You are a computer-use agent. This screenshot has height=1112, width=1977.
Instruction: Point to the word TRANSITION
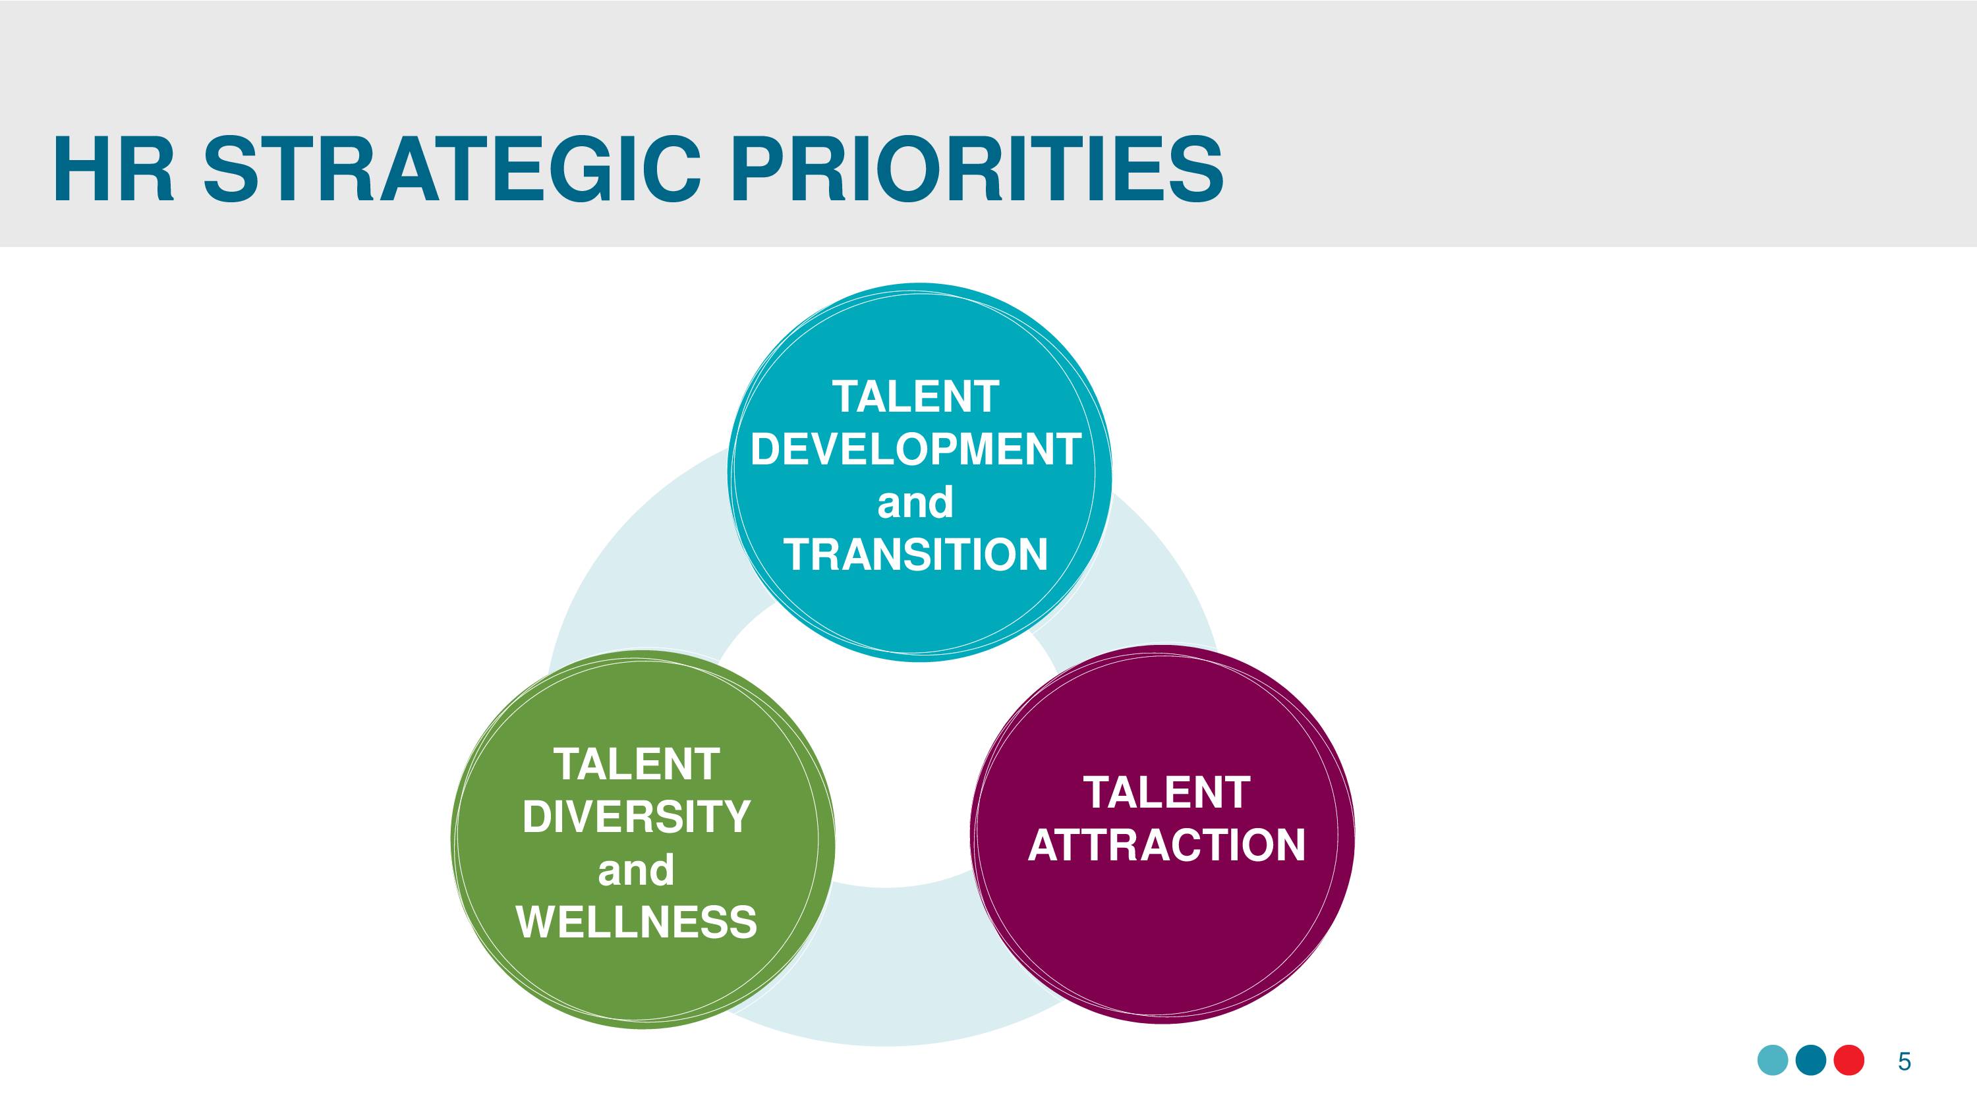915,554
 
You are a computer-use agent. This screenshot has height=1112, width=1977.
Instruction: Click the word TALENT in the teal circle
915,397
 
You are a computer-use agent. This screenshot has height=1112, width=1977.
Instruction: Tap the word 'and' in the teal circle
915,502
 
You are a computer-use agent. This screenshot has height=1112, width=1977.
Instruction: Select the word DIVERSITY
636,816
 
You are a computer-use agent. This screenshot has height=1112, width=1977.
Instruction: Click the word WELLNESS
636,921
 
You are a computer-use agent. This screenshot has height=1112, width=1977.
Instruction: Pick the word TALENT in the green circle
636,764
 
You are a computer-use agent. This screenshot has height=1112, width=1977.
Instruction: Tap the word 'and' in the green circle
635,870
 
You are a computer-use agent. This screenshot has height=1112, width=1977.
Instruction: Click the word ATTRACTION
1166,845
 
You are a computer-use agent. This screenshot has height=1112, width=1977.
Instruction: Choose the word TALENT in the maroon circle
1166,792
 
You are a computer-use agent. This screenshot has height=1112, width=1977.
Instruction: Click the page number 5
1904,1061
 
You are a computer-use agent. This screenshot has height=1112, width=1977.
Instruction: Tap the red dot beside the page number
1849,1061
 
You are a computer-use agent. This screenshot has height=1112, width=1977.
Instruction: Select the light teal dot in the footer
1773,1061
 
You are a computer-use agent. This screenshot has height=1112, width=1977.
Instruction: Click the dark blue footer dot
1811,1061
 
